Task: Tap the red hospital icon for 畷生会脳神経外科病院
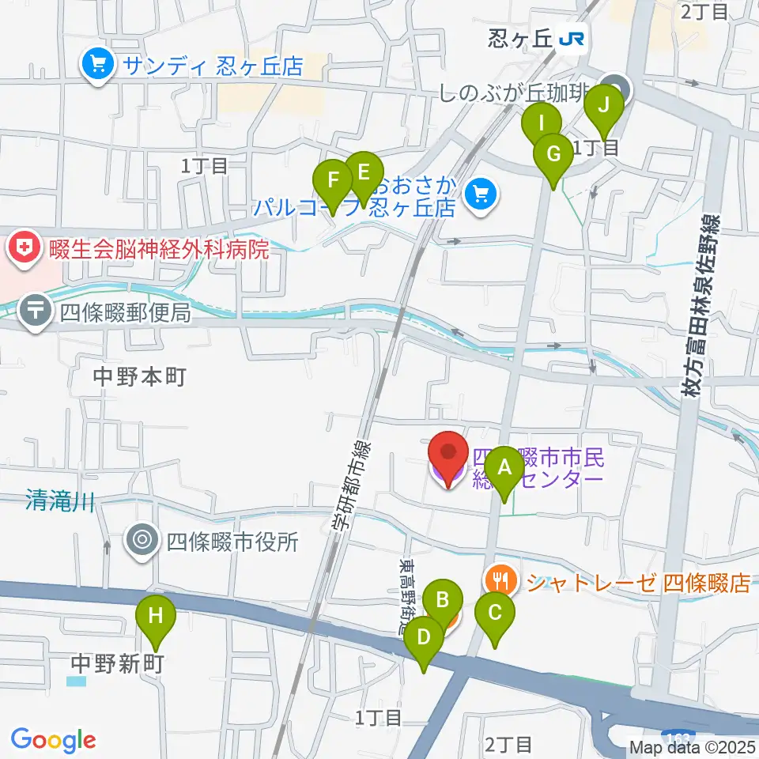[22, 250]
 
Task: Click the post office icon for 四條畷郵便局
[37, 311]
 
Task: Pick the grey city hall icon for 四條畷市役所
[142, 541]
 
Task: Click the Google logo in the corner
[53, 739]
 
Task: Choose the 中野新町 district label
[117, 663]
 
